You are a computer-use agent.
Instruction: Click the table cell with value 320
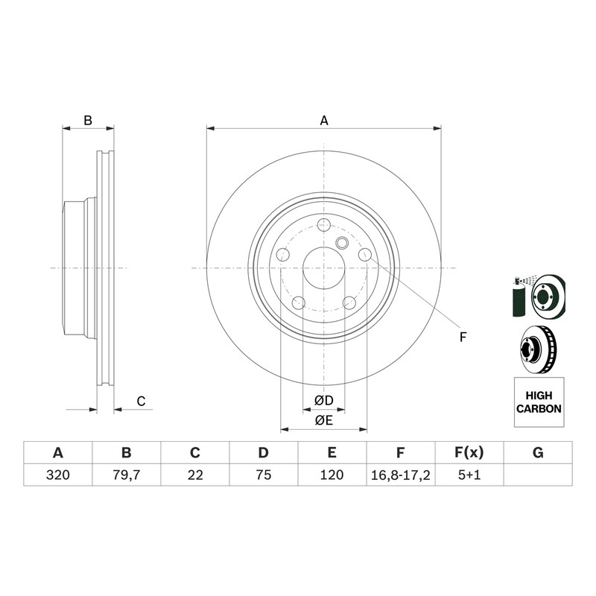point(58,475)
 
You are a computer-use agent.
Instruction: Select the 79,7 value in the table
point(126,475)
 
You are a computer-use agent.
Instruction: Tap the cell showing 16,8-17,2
point(401,475)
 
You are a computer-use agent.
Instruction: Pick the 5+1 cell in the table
point(469,475)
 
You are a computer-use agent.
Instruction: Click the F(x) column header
point(469,453)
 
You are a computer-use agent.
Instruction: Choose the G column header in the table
point(538,453)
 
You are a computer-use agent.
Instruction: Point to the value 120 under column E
point(332,475)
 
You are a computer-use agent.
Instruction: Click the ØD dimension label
point(324,400)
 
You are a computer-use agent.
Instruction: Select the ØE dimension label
point(324,420)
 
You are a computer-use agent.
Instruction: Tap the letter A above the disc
point(324,121)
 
